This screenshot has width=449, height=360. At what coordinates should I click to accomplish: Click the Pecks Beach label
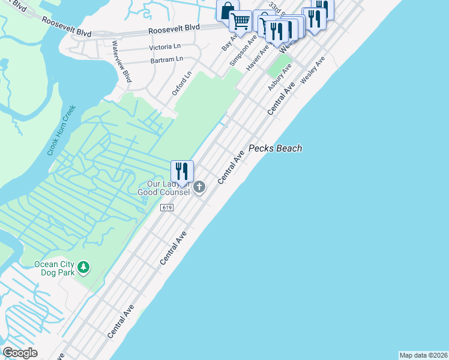[x=275, y=148]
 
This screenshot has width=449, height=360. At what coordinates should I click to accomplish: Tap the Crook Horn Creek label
[x=62, y=130]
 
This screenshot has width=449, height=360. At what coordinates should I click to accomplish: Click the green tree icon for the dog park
[x=85, y=266]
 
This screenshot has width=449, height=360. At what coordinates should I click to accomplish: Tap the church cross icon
[x=199, y=188]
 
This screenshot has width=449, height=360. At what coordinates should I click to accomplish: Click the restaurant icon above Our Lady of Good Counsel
[x=181, y=171]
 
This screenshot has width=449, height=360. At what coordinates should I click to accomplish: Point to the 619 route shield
[x=167, y=207]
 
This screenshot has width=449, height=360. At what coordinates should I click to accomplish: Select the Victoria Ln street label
[x=164, y=47]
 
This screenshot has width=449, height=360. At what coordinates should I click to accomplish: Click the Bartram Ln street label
[x=167, y=59]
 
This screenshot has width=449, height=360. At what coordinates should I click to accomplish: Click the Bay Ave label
[x=229, y=42]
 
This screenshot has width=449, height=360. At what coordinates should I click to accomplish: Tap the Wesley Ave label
[x=312, y=70]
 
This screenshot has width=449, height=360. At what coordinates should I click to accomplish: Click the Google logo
[x=20, y=353]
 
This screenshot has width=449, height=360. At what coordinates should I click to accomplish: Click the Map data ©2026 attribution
[x=423, y=355]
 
